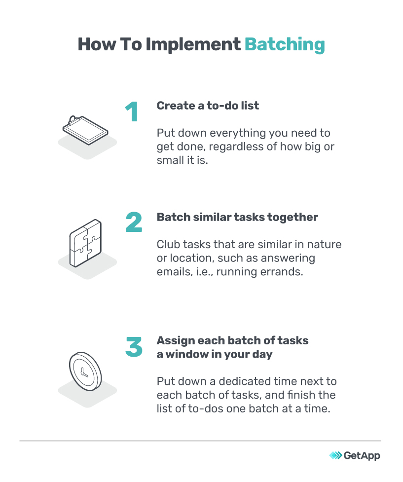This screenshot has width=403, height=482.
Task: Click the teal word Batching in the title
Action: point(285,44)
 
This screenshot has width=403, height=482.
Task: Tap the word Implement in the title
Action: point(193,45)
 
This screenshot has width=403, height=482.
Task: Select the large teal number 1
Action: point(132,111)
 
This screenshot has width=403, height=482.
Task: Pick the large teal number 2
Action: point(134,222)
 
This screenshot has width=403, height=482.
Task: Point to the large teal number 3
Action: point(134,347)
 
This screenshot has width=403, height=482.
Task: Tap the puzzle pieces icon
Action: point(85,243)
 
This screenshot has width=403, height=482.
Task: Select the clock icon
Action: point(85,371)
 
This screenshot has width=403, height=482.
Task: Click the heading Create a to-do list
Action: point(208,106)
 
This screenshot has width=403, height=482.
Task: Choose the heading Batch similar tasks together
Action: point(237,218)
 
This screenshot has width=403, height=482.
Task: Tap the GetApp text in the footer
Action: point(362,455)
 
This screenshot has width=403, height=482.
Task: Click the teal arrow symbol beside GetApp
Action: point(335,455)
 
